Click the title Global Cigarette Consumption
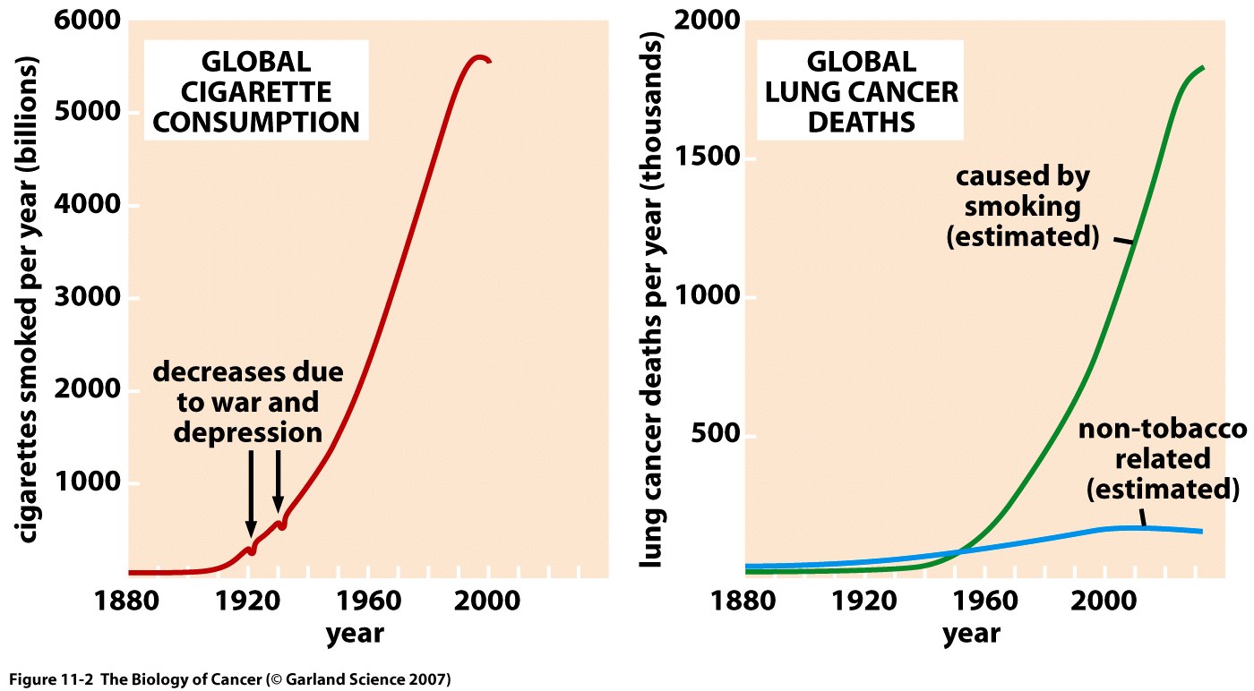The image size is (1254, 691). (255, 91)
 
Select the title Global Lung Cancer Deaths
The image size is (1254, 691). (861, 91)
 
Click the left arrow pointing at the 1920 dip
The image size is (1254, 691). (251, 492)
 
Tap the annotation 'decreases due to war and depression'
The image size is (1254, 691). (247, 402)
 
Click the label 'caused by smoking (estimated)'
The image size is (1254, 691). (1022, 207)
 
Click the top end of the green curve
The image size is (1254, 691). (1202, 67)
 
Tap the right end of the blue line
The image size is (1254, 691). (1201, 532)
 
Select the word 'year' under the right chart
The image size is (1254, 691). (971, 634)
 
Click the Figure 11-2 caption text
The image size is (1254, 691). (230, 678)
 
